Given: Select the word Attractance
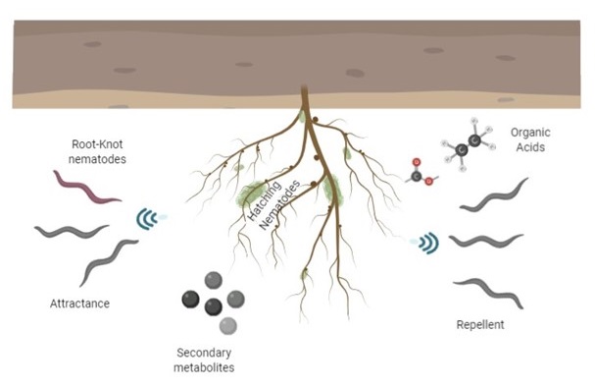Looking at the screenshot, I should (79, 304).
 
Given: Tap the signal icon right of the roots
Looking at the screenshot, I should (427, 241).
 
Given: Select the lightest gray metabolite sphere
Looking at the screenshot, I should (227, 325).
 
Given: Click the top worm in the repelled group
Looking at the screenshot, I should (495, 195).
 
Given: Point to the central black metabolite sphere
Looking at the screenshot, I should (213, 306).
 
